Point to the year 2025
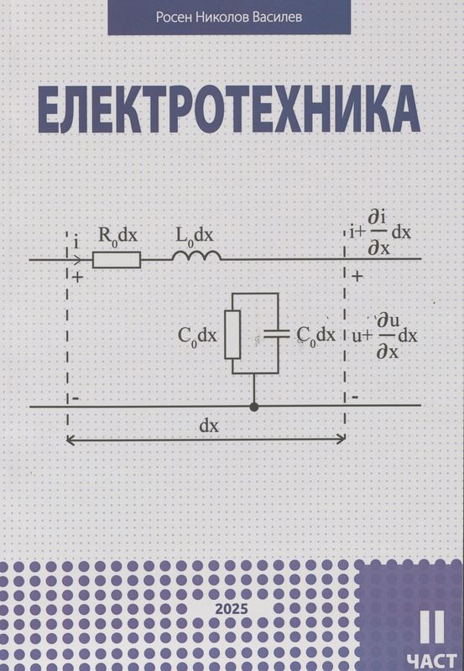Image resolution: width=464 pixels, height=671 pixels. point(232,606)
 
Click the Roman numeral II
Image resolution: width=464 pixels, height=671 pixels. point(437,625)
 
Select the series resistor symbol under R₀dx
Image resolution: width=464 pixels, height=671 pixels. point(116,260)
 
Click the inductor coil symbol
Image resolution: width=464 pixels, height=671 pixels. point(196,257)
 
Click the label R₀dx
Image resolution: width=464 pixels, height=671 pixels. point(118,237)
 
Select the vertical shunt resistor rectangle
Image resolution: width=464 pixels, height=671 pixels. point(232,334)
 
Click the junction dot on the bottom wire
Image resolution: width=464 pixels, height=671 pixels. point(254,407)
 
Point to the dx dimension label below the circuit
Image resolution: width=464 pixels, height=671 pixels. point(209,425)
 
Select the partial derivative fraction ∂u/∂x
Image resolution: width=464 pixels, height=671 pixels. point(387,335)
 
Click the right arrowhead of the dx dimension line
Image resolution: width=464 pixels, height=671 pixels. point(341,438)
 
